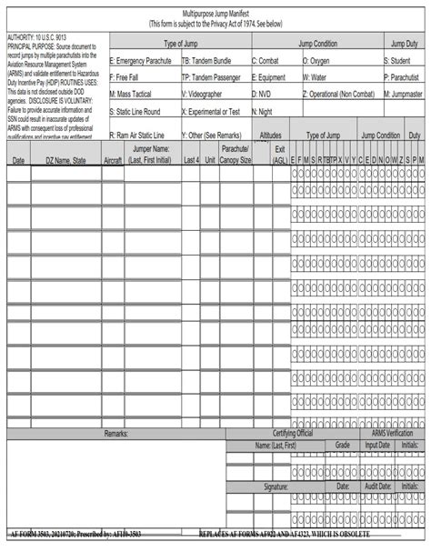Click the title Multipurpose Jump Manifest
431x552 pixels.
point(215,16)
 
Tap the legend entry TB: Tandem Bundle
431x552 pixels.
point(214,60)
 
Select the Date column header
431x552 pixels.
point(18,160)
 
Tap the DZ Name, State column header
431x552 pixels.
point(65,160)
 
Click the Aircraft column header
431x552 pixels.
point(113,160)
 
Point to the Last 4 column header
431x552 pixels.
point(191,160)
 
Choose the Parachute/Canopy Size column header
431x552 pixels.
point(235,155)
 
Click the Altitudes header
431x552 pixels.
point(271,135)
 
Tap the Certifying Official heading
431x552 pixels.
point(293,434)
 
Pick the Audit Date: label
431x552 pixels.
point(377,487)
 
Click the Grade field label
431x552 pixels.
point(343,446)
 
